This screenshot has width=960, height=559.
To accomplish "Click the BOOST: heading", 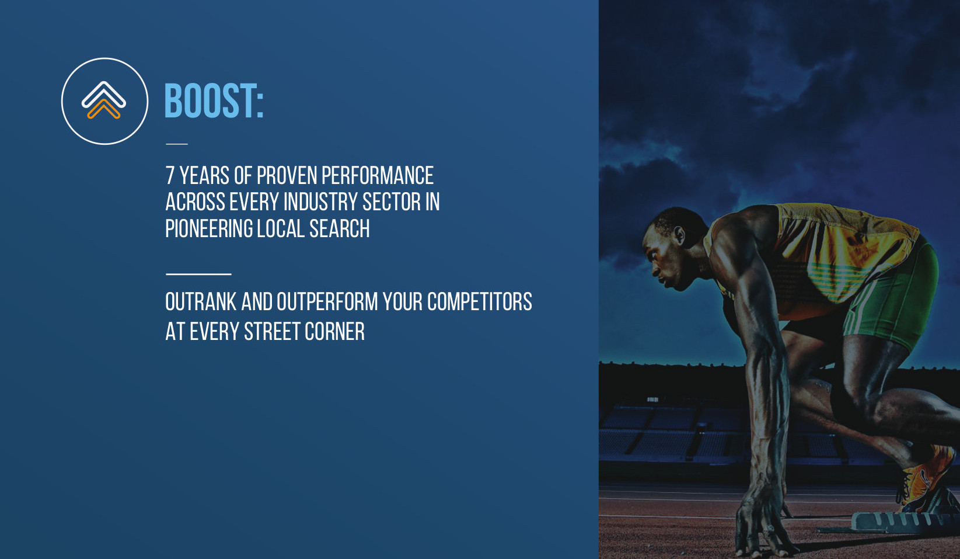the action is [214, 100].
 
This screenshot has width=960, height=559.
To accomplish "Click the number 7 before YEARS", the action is [170, 175].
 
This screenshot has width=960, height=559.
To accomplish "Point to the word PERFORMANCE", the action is [378, 175].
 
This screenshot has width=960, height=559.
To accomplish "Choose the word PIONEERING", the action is [209, 228].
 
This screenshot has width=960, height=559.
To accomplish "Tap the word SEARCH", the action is [340, 228].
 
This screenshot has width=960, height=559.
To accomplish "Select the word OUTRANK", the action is [201, 301].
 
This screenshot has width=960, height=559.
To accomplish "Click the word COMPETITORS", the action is [480, 301].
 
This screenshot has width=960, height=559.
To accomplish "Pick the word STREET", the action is [272, 332].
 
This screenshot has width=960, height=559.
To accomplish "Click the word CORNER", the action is [334, 332].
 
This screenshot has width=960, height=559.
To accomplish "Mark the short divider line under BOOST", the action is [177, 144].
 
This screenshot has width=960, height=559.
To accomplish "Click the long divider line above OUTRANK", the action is [198, 274].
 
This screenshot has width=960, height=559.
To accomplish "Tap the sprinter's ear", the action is [680, 235].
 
